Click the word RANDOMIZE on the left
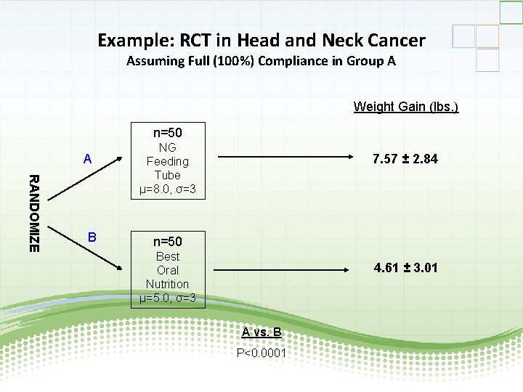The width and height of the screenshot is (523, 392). (x=33, y=213)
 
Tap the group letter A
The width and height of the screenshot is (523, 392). (x=87, y=159)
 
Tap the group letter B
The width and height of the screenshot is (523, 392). (x=92, y=237)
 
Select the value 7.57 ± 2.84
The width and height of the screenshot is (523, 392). (x=405, y=159)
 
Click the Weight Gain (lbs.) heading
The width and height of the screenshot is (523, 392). (x=406, y=107)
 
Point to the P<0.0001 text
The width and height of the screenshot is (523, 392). (x=261, y=354)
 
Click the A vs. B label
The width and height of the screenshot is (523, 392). (x=261, y=332)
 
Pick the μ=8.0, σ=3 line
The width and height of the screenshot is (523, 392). (x=167, y=189)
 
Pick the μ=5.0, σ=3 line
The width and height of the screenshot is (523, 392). (x=167, y=298)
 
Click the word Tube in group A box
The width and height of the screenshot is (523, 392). (x=167, y=175)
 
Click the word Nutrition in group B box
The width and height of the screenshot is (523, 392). (x=167, y=284)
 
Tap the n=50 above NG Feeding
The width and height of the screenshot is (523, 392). (x=167, y=133)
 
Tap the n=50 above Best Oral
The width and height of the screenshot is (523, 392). (x=167, y=241)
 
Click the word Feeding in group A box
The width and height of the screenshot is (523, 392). (x=167, y=161)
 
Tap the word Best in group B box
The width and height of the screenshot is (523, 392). (x=167, y=256)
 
